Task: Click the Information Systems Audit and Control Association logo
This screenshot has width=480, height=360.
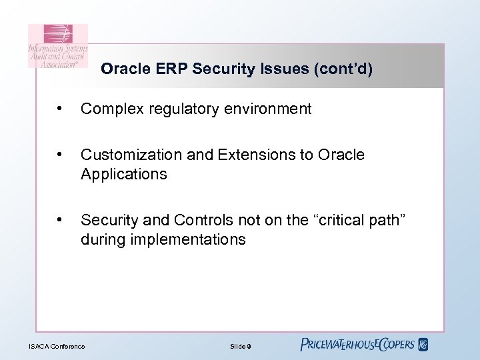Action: (57, 47)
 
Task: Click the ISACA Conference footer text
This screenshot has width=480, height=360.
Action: (57, 346)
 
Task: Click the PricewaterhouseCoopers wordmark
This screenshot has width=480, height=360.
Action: (357, 345)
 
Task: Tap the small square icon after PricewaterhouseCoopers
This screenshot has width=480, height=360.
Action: (423, 345)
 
